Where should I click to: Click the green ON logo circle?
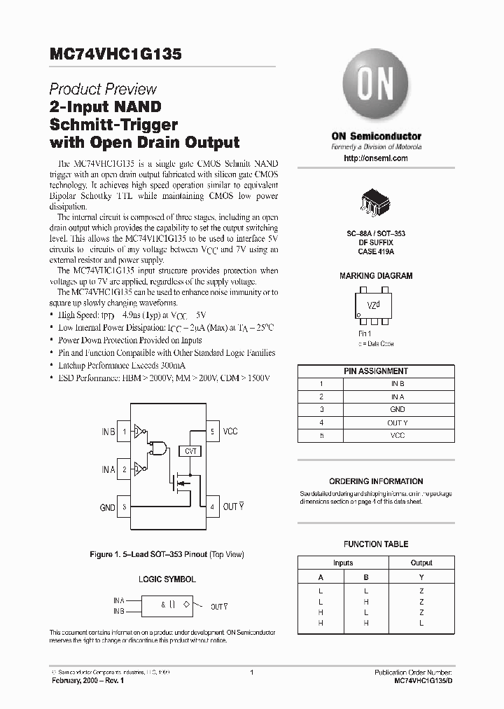tap(375, 88)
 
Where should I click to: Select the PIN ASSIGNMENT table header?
tap(376, 371)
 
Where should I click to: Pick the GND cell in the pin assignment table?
tap(398, 410)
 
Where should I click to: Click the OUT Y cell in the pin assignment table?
tap(398, 422)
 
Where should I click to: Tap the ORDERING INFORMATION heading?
tap(376, 481)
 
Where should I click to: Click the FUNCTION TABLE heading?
tap(376, 544)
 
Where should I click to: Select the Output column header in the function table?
tap(421, 563)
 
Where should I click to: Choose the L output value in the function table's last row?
tap(421, 623)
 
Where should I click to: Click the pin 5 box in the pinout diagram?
tap(212, 432)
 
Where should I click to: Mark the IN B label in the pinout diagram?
tap(108, 432)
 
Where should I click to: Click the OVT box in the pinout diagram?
tap(190, 452)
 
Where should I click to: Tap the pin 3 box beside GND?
tap(125, 507)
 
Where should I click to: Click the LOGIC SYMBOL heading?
tap(167, 580)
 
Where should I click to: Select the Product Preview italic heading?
tap(103, 90)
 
